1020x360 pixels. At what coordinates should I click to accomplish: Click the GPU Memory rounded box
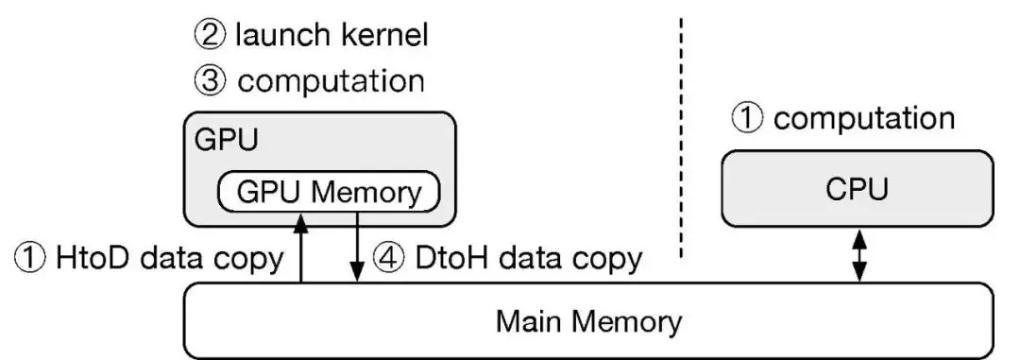pyautogui.click(x=329, y=193)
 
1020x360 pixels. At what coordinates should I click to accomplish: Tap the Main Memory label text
pyautogui.click(x=589, y=321)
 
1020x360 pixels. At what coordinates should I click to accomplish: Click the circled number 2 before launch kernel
pyautogui.click(x=211, y=37)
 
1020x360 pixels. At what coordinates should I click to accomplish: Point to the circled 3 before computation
pyautogui.click(x=211, y=80)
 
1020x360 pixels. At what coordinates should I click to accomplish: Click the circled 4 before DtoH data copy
pyautogui.click(x=389, y=257)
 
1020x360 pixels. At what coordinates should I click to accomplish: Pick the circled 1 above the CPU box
pyautogui.click(x=751, y=120)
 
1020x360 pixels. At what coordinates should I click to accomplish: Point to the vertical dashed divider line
pyautogui.click(x=682, y=132)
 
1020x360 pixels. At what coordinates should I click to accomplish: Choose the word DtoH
pyautogui.click(x=450, y=257)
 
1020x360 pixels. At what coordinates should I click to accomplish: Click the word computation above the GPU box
pyautogui.click(x=331, y=81)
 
